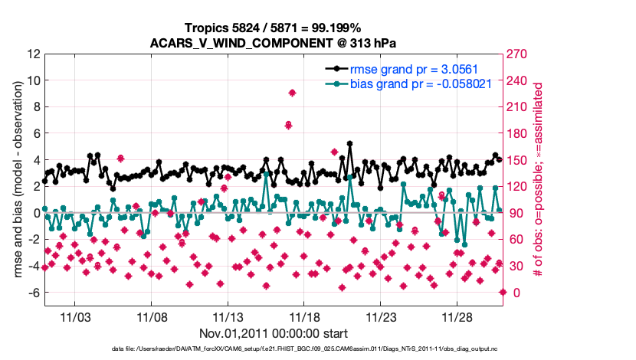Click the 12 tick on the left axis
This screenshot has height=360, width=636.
[34, 54]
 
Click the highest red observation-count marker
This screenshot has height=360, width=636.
[292, 93]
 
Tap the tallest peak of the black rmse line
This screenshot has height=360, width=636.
[349, 143]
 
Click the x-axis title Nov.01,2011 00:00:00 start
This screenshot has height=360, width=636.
[274, 333]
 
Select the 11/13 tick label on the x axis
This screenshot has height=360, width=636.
[228, 317]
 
